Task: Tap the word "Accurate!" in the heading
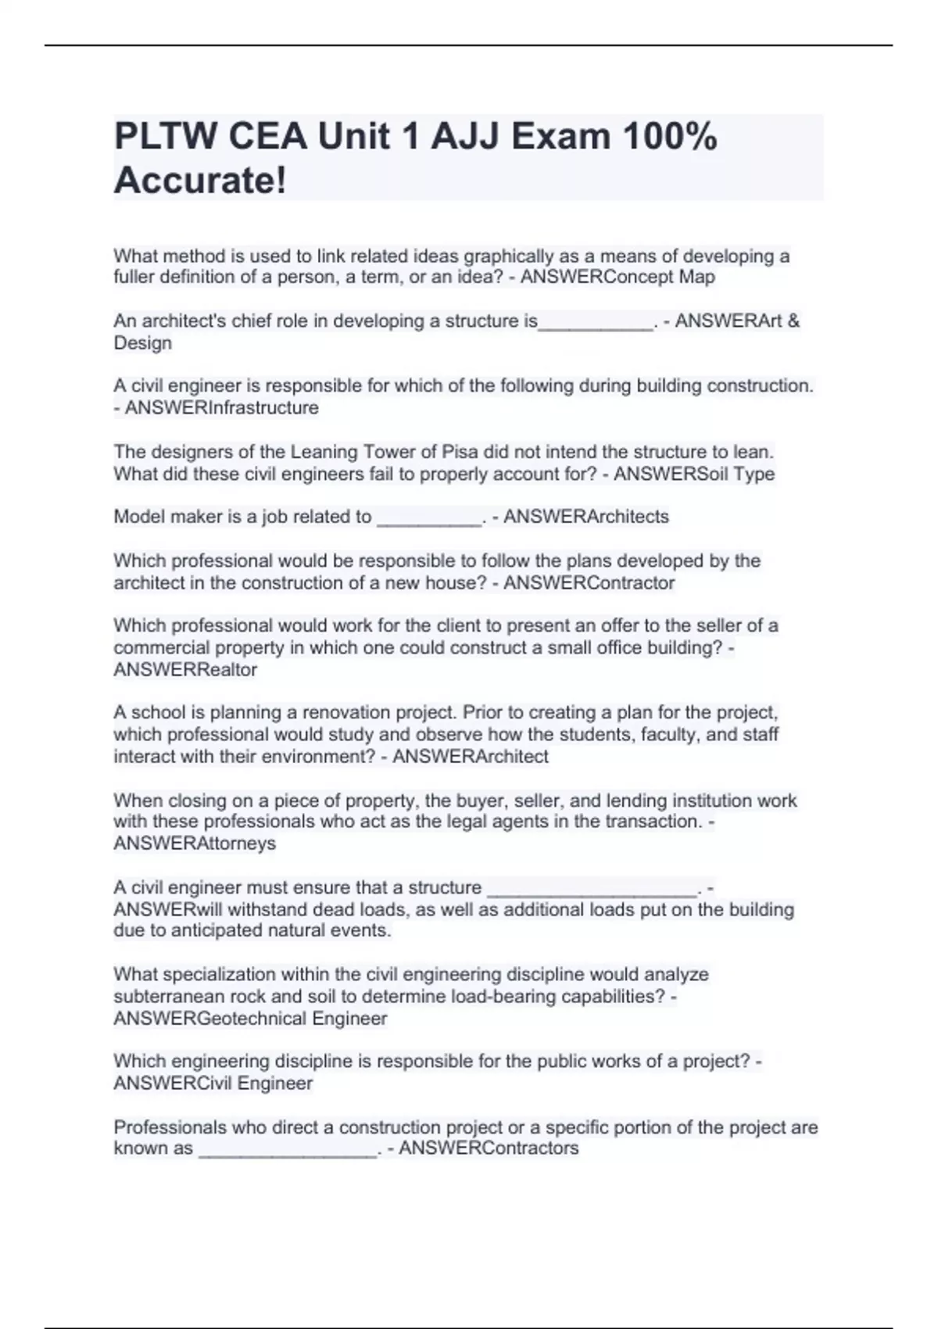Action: [200, 181]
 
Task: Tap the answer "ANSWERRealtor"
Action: [185, 669]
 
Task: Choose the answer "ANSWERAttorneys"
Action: [195, 843]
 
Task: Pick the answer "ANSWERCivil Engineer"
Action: [213, 1083]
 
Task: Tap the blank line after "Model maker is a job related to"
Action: [429, 519]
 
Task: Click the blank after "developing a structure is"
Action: [596, 324]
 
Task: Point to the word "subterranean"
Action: [166, 996]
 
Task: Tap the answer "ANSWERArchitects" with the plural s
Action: [586, 516]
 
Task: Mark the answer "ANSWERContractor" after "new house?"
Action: [589, 582]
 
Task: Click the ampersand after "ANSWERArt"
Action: [793, 321]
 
